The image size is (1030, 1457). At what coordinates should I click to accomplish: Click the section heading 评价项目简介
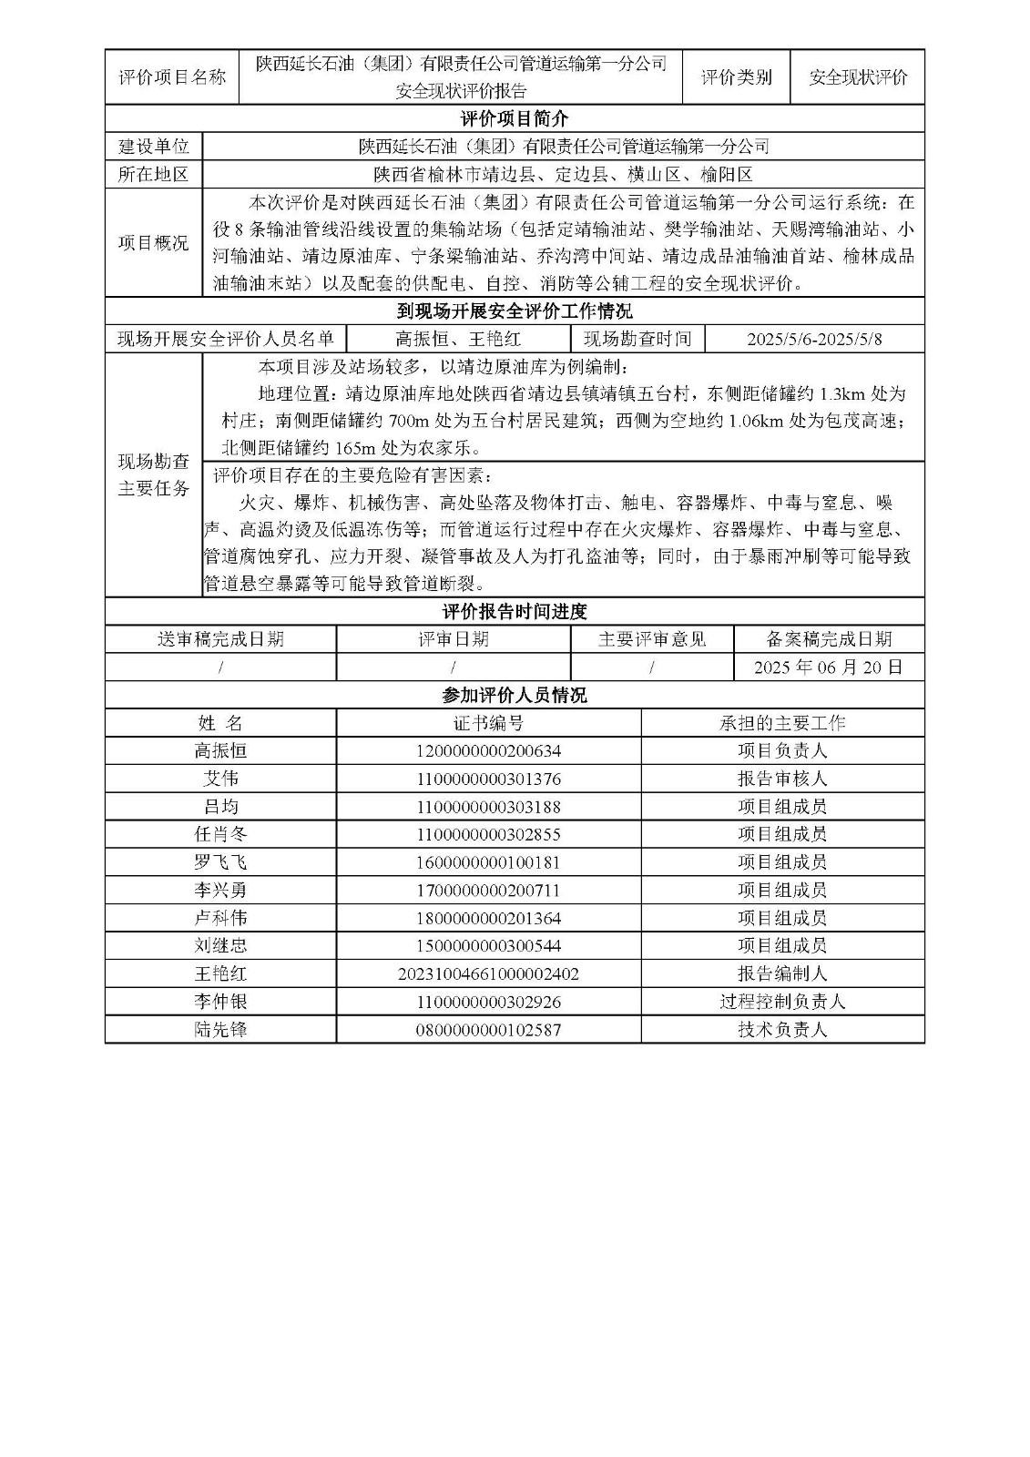515,119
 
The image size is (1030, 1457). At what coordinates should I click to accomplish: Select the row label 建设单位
154,147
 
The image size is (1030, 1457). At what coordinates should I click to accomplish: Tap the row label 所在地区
154,175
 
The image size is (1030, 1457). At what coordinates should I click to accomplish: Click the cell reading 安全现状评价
858,77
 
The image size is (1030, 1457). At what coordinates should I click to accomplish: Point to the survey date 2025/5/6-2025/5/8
814,341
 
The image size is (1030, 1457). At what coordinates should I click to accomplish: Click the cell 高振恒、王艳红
458,341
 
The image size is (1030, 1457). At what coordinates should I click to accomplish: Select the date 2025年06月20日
828,667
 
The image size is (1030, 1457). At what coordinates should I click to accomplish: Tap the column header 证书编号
488,723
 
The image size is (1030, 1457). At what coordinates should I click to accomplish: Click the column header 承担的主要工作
782,723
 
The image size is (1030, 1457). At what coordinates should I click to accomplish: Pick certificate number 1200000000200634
488,751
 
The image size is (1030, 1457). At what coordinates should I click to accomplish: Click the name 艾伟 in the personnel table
220,779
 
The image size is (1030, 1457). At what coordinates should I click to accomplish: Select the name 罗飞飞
220,862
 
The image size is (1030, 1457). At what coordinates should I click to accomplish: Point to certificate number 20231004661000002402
488,974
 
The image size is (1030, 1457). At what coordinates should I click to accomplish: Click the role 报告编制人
782,974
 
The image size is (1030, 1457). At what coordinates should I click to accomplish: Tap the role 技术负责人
782,1030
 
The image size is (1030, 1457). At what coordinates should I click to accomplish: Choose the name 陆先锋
220,1030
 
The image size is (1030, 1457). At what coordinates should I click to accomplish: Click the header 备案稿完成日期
828,639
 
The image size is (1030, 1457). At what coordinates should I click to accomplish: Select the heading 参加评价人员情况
515,696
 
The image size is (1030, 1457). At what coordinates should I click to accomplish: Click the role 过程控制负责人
782,1002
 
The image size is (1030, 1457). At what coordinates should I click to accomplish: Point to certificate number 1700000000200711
488,891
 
